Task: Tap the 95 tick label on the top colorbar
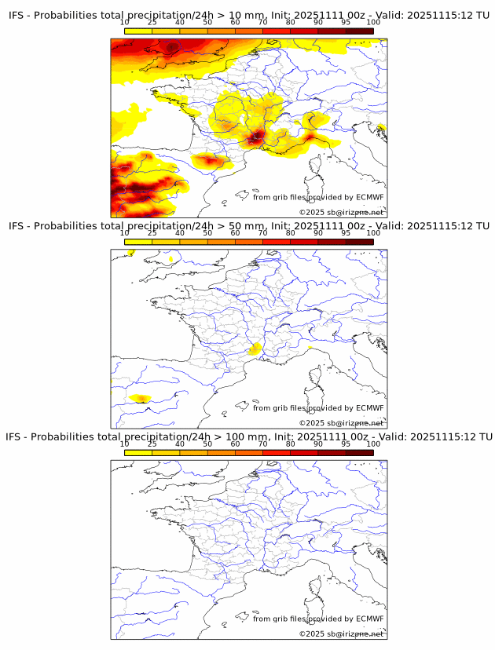(x=346, y=23)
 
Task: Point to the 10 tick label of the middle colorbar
(x=125, y=233)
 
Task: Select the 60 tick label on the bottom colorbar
(x=235, y=444)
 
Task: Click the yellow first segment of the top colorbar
(x=138, y=31)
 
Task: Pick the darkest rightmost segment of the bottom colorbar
(x=359, y=452)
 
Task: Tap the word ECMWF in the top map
(x=370, y=197)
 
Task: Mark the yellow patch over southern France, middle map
(x=254, y=350)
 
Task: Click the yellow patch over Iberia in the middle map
(x=141, y=399)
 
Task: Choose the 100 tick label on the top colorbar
(x=373, y=23)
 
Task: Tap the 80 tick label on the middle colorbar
(x=290, y=233)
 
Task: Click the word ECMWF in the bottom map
(x=370, y=618)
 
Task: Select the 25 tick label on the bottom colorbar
(x=152, y=444)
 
